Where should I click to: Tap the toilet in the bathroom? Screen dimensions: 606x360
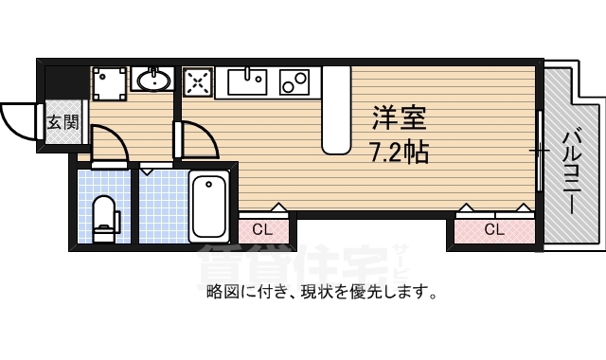(x=104, y=214)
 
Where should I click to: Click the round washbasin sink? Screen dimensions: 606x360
(x=153, y=81)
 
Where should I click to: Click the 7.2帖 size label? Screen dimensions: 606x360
(x=399, y=151)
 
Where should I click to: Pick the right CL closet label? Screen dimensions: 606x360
(x=493, y=229)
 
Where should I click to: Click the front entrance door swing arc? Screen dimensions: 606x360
(x=17, y=118)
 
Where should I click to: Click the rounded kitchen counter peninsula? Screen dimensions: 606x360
(x=335, y=109)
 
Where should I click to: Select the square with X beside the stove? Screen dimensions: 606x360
(x=198, y=82)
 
